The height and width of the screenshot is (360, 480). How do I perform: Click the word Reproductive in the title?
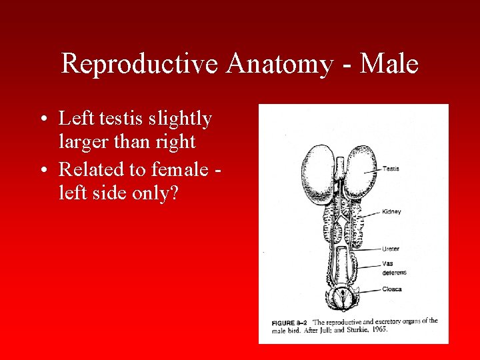coord(140,65)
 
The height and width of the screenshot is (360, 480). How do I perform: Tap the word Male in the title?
coord(390,65)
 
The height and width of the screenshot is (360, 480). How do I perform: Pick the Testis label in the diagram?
coord(391,169)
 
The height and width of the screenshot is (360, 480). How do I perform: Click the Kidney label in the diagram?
coord(391,212)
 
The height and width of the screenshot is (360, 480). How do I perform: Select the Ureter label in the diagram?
coord(391,249)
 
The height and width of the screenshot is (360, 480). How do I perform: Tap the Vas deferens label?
coord(394,268)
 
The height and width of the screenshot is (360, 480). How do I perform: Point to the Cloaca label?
coord(391,290)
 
